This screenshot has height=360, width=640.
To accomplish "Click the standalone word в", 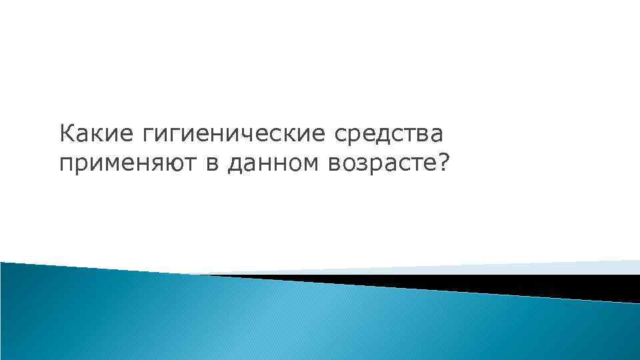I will coord(213,164).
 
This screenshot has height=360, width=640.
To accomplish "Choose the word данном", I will coord(273,164).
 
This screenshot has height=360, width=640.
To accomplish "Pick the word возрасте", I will coord(377,164).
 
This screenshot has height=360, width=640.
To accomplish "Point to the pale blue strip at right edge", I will coord(600,267).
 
